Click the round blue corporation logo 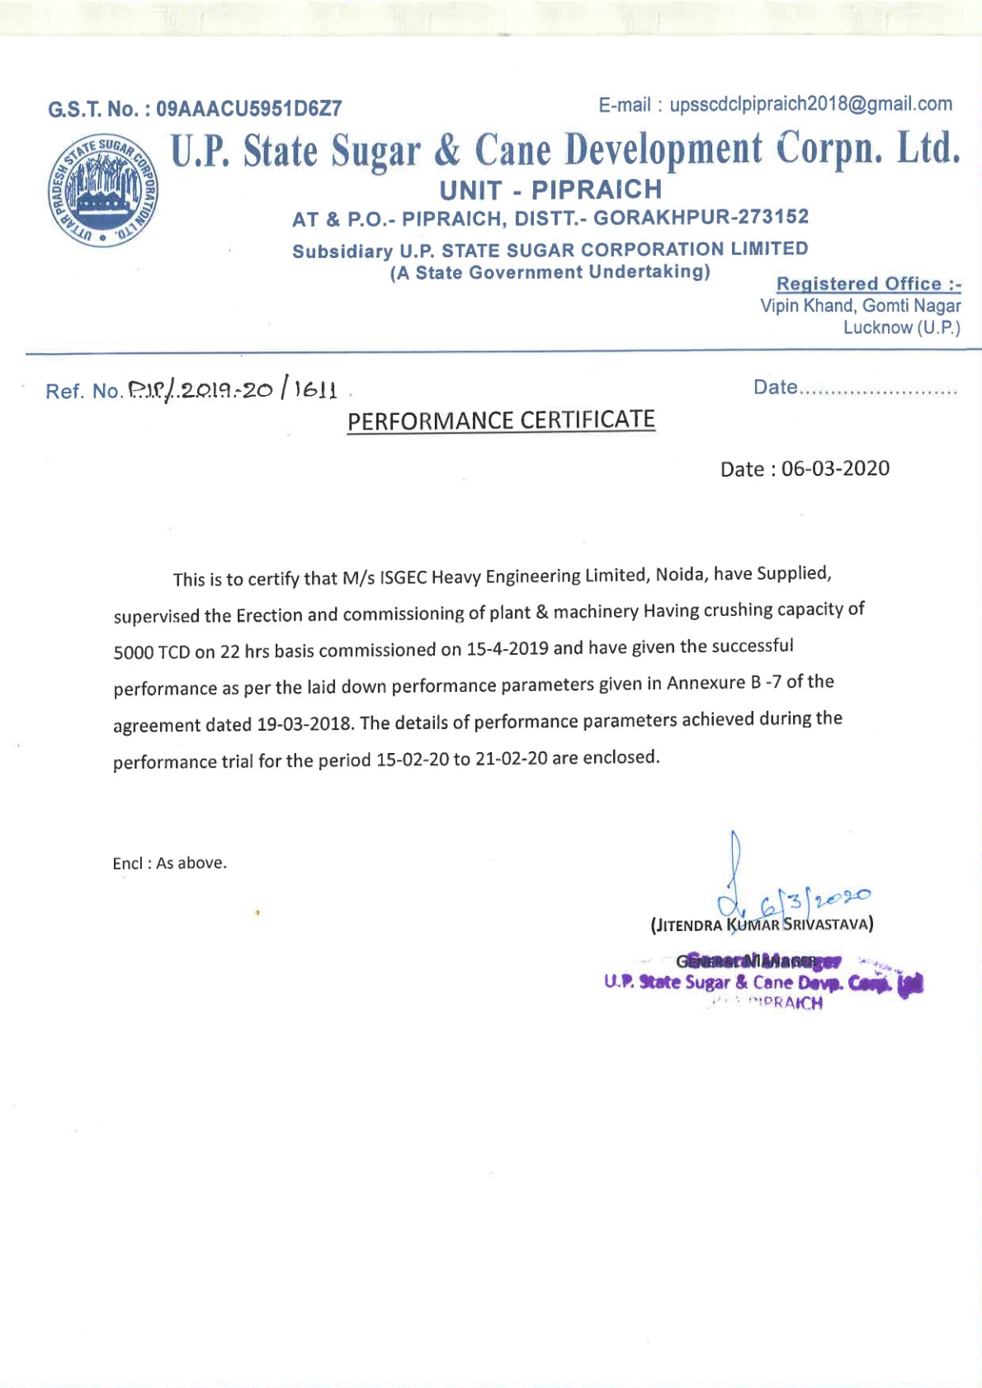(x=102, y=191)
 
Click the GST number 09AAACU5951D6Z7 (x=248, y=109)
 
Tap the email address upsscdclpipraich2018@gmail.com (x=810, y=104)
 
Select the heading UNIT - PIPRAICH (x=550, y=190)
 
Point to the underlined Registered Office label (x=868, y=284)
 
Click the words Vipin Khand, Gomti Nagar (x=860, y=306)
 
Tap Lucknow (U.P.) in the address (x=901, y=327)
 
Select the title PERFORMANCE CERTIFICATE (x=501, y=421)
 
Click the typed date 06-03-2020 (x=835, y=468)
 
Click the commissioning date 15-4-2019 (x=508, y=648)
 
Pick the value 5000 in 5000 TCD (x=133, y=652)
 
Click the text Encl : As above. (x=169, y=863)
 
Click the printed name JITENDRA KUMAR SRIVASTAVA (x=762, y=925)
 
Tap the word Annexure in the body (x=706, y=683)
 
